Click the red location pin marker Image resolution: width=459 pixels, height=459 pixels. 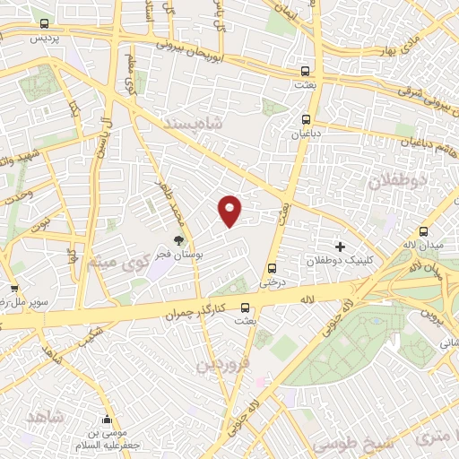click(230, 210)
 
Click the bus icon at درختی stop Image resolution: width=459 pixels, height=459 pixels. click(272, 267)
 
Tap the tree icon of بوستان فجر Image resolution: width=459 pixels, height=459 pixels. click(179, 239)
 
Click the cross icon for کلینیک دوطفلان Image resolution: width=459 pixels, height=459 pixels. click(340, 246)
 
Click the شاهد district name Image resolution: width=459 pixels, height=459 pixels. click(48, 419)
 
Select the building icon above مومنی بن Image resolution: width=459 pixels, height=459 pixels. click(108, 420)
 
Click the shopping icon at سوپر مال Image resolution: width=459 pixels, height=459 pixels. click(14, 288)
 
